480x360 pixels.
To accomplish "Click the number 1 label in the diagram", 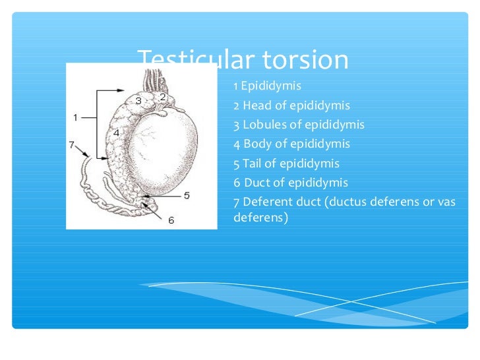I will click(x=76, y=117).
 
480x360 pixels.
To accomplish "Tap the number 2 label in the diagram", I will click(x=162, y=96).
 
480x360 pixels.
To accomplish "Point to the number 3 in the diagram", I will click(x=138, y=101).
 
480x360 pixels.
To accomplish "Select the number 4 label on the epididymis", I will click(x=116, y=133).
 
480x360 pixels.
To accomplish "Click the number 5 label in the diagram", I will click(x=187, y=195).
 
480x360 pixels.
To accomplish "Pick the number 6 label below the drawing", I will click(x=171, y=220).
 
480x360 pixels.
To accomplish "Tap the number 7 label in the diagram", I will click(x=72, y=144).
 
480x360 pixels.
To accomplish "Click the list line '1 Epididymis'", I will click(x=267, y=86).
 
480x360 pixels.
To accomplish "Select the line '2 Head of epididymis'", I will click(x=291, y=105).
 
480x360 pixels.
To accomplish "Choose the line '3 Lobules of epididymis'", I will click(x=299, y=125).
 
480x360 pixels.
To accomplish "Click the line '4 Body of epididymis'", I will click(x=291, y=144).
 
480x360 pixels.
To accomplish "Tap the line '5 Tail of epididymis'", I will click(x=286, y=164).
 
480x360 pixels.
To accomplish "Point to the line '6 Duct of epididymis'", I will click(x=291, y=183).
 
